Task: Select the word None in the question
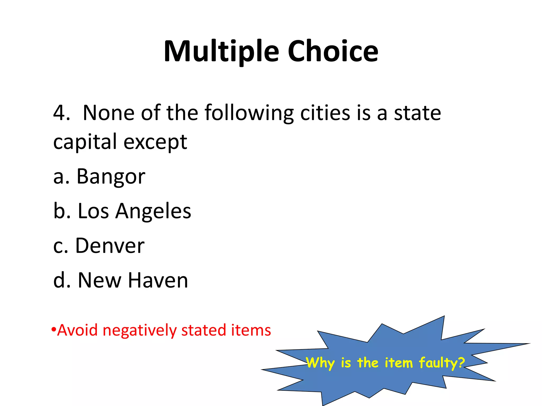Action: click(x=109, y=113)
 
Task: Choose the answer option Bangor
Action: click(x=111, y=177)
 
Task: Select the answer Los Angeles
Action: click(x=134, y=211)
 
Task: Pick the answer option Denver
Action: click(x=110, y=246)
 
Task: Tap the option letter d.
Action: click(x=59, y=280)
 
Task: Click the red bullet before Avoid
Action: click(x=54, y=330)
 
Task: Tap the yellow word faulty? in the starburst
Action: click(x=442, y=363)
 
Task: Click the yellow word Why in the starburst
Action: click(x=320, y=363)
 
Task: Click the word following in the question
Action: click(x=249, y=113)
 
